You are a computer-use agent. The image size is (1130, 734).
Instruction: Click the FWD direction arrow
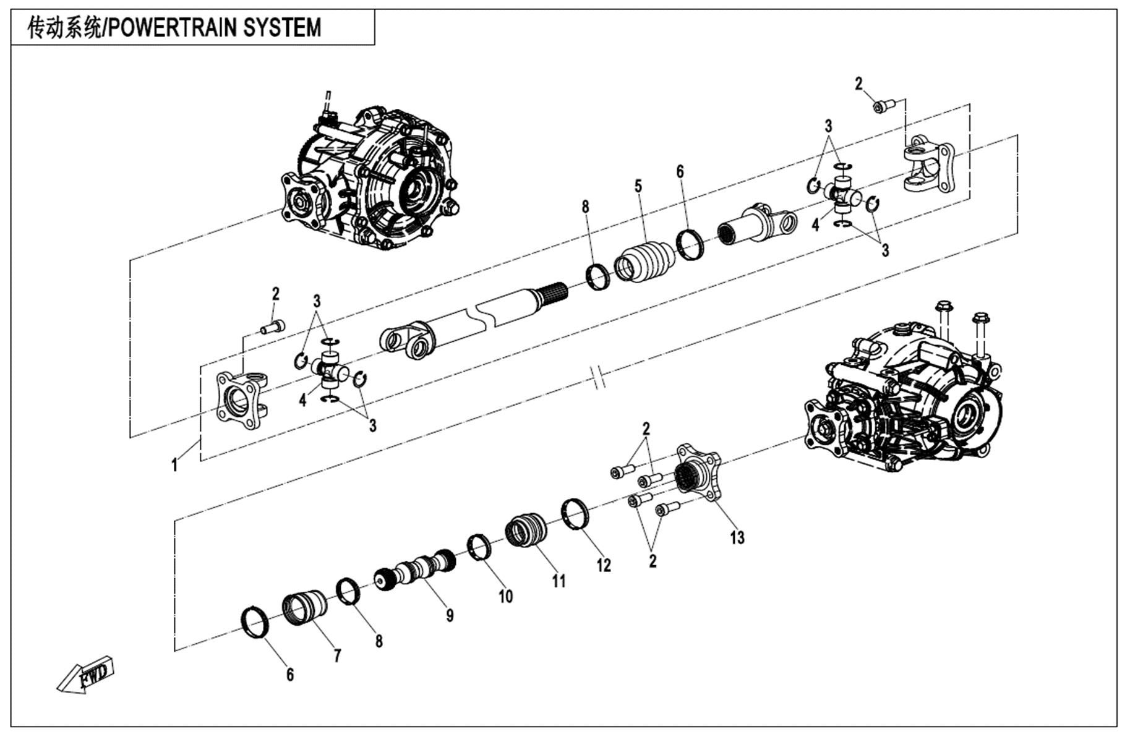(86, 676)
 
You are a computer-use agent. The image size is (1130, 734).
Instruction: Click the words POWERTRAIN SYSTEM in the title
(215, 28)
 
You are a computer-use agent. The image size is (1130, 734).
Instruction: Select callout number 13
(737, 538)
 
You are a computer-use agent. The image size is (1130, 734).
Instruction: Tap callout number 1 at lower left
(175, 464)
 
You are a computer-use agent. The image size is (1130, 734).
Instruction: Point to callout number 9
(450, 615)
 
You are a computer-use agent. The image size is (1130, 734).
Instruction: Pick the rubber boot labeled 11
(526, 530)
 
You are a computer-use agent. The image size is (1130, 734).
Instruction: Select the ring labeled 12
(575, 513)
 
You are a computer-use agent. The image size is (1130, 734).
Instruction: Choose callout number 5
(638, 186)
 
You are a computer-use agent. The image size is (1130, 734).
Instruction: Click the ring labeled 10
(479, 547)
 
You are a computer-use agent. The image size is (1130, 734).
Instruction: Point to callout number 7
(337, 655)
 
